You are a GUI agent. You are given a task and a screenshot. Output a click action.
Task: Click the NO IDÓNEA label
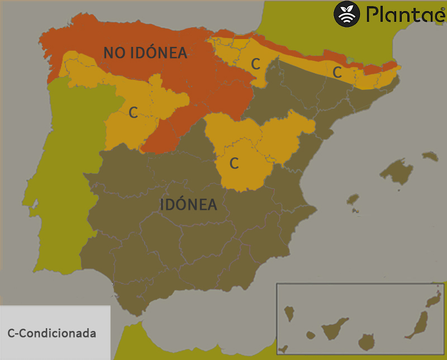[145, 53]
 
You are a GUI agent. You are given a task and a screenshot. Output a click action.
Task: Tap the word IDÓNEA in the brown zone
[188, 205]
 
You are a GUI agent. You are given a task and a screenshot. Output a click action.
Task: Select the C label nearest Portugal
[133, 113]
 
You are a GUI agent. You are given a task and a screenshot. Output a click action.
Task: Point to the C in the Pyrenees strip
[337, 72]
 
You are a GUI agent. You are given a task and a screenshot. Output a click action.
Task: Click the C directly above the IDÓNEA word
[235, 164]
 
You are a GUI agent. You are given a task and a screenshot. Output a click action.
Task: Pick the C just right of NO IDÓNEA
[255, 64]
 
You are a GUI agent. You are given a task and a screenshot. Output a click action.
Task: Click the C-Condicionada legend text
[52, 334]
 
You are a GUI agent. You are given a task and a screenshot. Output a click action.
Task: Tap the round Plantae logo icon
[347, 14]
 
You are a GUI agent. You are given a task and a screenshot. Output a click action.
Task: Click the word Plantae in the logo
[401, 14]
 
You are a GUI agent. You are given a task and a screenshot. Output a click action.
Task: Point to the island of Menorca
[430, 156]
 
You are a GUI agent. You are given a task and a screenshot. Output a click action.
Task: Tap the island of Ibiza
[353, 199]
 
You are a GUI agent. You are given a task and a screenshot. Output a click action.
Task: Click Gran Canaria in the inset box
[367, 342]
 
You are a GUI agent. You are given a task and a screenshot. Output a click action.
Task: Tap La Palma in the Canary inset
[289, 313]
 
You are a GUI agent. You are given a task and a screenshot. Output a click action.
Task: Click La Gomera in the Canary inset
[310, 335]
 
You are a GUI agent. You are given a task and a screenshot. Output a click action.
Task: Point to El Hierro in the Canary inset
[283, 349]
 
